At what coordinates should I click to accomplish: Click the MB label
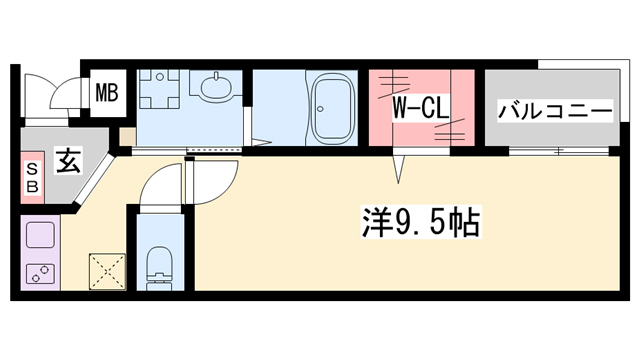[106, 95]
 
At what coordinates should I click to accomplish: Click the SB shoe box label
[31, 177]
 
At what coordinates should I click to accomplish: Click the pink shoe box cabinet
[31, 177]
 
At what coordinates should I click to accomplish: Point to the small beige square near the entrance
[127, 137]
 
